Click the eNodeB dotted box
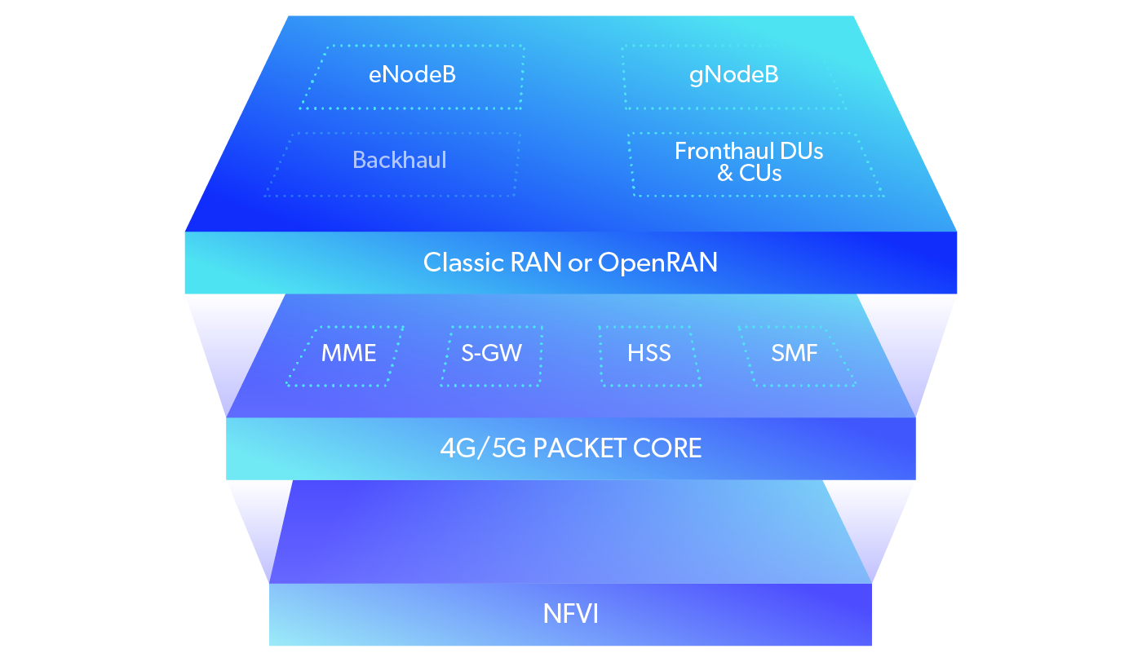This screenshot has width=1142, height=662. (412, 76)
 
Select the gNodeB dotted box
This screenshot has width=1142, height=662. (733, 76)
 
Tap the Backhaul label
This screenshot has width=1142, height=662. (399, 160)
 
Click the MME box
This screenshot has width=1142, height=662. (348, 354)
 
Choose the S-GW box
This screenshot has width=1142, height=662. (491, 354)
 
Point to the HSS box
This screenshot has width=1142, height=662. (649, 354)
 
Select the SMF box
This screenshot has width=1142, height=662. (795, 354)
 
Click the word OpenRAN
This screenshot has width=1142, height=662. (657, 263)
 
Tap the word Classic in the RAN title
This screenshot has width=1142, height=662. (464, 263)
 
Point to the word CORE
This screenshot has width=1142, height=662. (672, 448)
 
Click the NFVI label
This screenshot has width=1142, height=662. (571, 614)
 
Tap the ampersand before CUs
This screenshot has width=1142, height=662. (725, 174)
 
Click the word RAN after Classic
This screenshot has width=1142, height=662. (537, 263)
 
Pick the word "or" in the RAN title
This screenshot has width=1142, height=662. (580, 263)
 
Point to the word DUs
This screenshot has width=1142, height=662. (803, 151)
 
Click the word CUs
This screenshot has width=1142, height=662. (761, 174)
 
